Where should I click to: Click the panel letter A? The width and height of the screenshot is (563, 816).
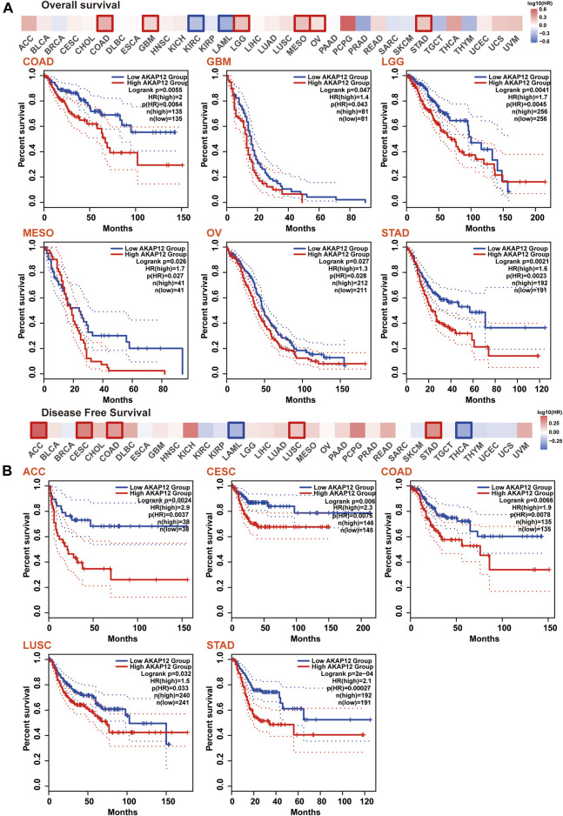pos(7,6)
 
